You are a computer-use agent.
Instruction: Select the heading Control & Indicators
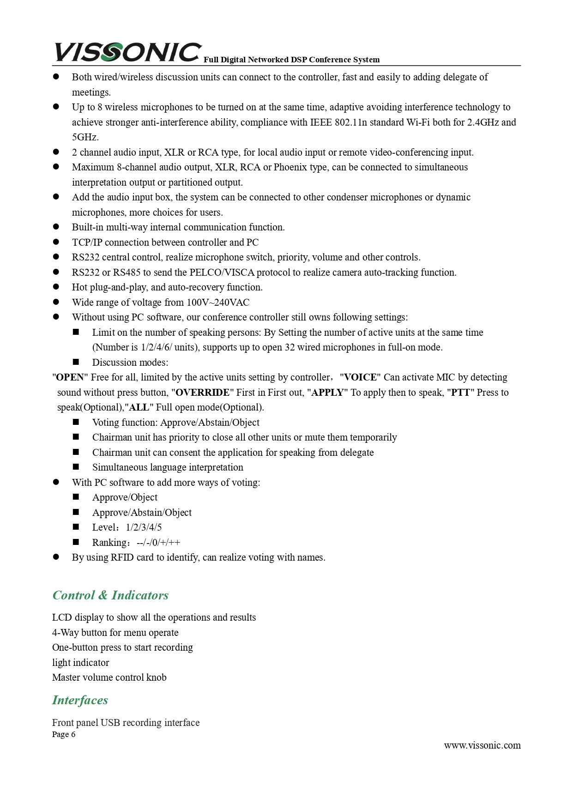110,595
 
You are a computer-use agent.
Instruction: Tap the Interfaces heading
80,700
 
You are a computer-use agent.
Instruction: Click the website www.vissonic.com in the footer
482,745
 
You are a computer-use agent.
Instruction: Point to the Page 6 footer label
64,734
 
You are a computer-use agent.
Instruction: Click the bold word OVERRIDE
203,393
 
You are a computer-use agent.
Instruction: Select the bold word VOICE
360,377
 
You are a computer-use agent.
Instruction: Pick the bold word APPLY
327,393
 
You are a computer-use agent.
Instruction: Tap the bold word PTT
460,393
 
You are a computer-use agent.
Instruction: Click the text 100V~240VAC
218,302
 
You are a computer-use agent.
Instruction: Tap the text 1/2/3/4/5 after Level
144,527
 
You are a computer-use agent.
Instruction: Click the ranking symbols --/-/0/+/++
158,543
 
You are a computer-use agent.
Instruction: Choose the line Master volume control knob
109,677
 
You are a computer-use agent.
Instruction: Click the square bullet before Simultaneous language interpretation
76,467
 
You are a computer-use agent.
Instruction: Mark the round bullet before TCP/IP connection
56,242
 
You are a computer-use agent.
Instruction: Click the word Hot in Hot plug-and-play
79,287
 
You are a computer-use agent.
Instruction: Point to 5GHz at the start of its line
85,137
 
